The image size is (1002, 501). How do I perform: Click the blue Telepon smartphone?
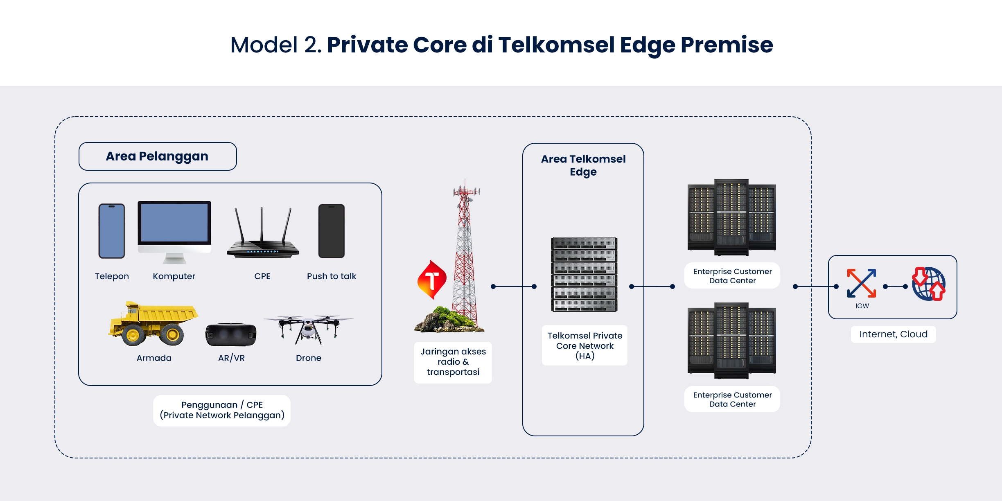tap(112, 231)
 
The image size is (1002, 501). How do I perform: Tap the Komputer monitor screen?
tap(174, 223)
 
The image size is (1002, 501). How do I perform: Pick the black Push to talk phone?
tap(332, 231)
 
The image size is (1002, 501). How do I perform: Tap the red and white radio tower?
tap(465, 254)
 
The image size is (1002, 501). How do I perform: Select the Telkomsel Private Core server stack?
tap(584, 274)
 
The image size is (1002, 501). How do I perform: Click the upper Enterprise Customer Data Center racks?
tap(732, 217)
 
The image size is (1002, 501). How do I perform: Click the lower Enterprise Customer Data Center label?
tap(732, 399)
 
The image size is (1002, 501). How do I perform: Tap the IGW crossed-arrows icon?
tap(862, 283)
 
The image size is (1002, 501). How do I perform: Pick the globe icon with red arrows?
tap(928, 284)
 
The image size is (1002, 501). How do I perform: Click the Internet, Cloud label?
tap(893, 334)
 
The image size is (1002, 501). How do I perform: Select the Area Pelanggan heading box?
tap(158, 156)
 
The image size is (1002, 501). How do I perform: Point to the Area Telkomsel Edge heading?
tap(583, 165)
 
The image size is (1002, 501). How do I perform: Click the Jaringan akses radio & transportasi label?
tap(453, 362)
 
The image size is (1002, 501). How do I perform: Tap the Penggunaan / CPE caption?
tap(222, 410)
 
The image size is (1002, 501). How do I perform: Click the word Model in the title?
tap(264, 45)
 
